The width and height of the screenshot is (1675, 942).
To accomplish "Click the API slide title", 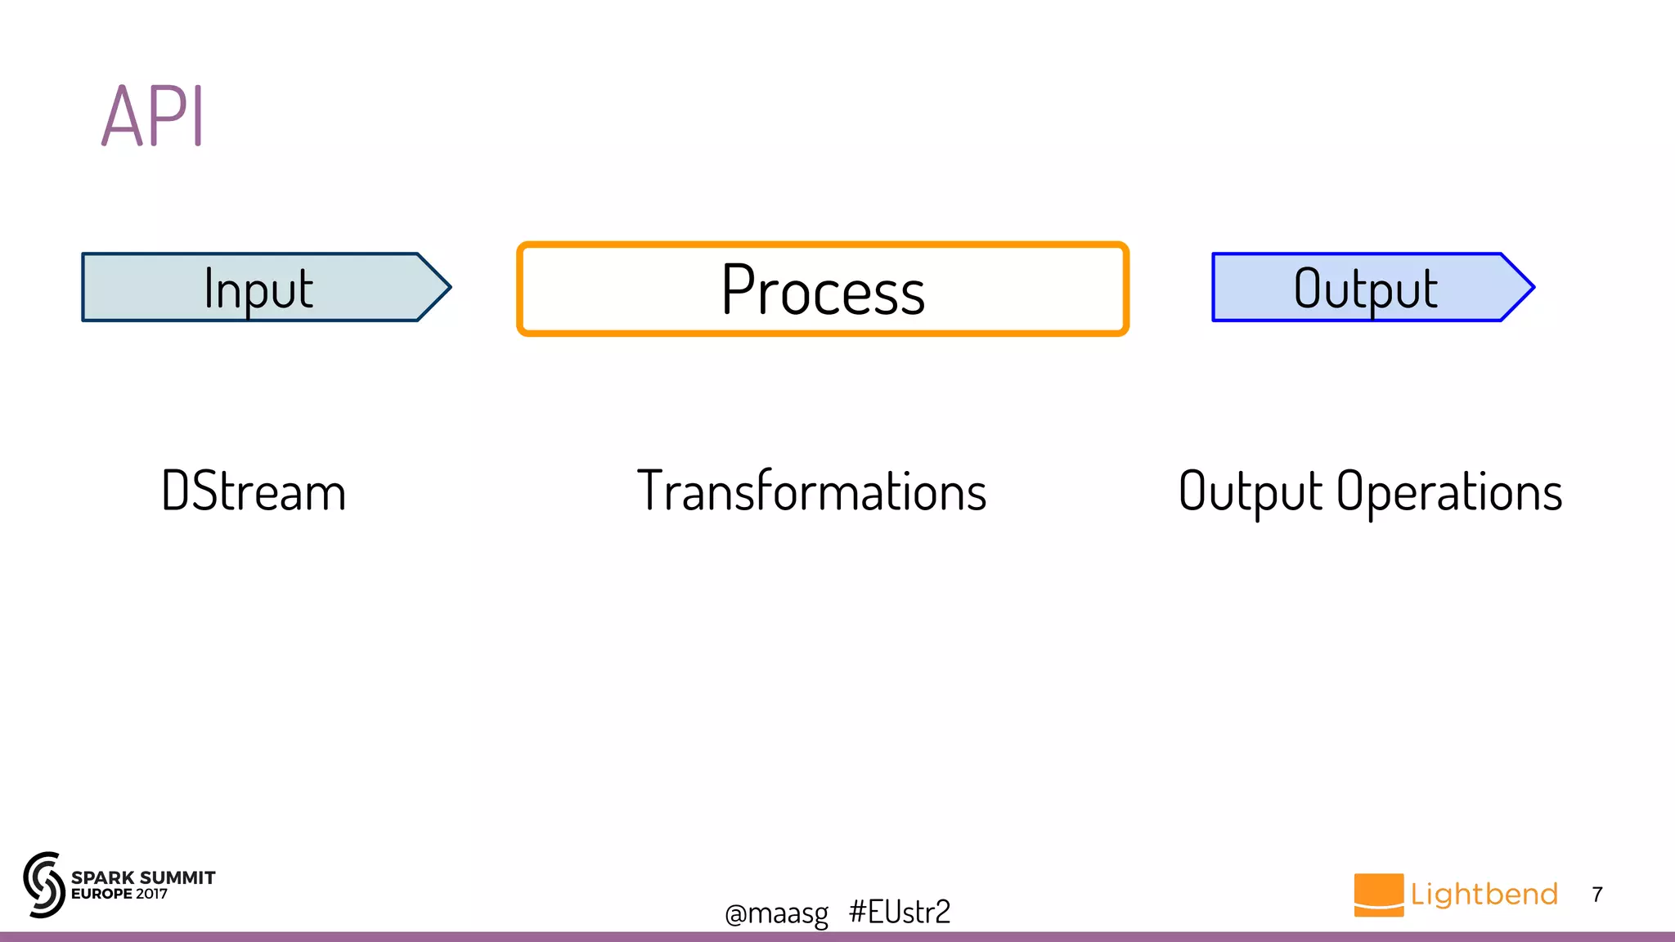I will [x=153, y=116].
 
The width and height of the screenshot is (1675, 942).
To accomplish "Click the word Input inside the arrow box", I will [x=258, y=289].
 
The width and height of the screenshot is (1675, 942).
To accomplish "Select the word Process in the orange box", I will [x=823, y=290].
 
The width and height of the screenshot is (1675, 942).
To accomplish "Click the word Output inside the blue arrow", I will [x=1365, y=289].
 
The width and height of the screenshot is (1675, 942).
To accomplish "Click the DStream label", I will [x=254, y=491].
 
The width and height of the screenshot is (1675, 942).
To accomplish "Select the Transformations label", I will [x=811, y=491].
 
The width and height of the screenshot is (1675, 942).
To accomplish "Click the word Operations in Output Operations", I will [x=1449, y=491].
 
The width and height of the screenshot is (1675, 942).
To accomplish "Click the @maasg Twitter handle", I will [x=776, y=913].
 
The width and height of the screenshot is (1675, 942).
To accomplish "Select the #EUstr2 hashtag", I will [x=900, y=911].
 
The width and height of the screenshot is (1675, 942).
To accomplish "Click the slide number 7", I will [x=1597, y=895].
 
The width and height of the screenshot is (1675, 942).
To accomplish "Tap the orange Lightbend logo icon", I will [x=1378, y=895].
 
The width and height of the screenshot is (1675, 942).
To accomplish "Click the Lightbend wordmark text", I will [x=1484, y=894].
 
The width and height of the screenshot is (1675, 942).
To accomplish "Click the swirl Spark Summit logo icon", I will [x=43, y=885].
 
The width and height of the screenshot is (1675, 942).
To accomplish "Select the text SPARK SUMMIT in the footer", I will [x=143, y=877].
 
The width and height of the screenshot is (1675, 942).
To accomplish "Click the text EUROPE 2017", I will [x=119, y=894].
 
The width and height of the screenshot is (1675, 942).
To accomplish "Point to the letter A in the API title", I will [x=122, y=117].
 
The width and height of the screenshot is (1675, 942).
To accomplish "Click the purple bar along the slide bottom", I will [x=837, y=936].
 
